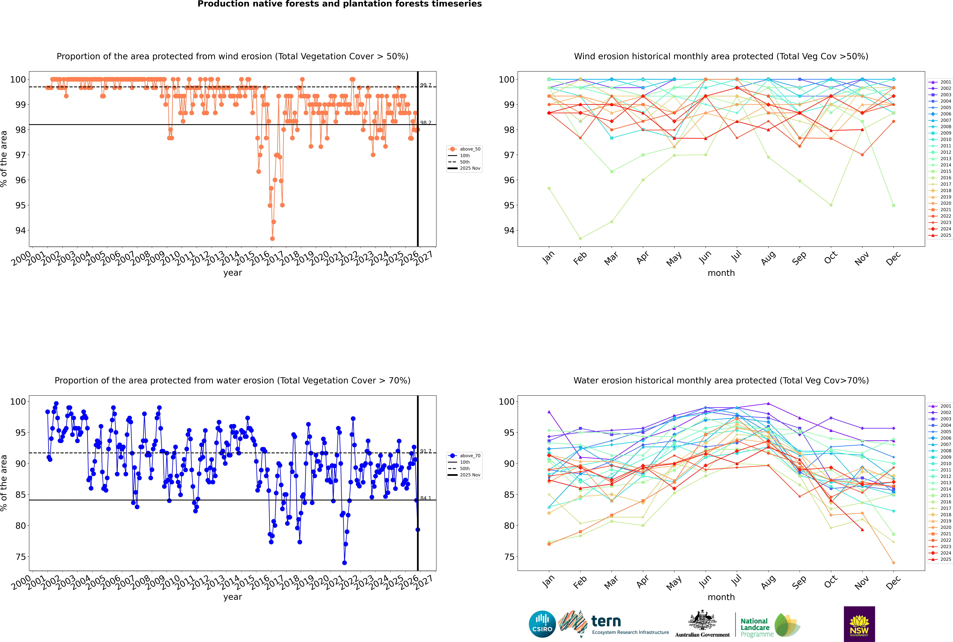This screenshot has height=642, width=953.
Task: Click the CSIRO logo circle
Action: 542,624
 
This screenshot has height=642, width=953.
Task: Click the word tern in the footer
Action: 606,622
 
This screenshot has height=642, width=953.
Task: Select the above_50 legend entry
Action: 470,149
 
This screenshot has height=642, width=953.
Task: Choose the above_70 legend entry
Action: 470,456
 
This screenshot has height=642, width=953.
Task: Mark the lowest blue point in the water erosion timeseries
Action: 344,563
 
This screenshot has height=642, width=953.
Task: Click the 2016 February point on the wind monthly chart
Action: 580,238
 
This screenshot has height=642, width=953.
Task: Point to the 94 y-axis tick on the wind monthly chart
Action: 508,231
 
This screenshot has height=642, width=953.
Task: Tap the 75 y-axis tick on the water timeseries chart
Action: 20,557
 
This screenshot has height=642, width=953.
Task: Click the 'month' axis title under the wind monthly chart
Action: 721,273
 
